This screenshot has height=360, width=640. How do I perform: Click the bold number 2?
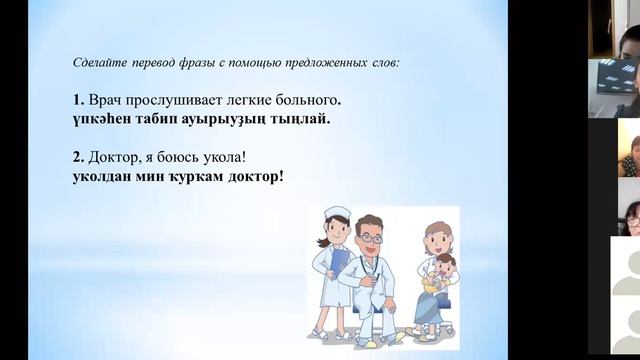(77, 158)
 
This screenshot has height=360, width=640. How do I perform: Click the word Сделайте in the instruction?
(98, 62)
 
